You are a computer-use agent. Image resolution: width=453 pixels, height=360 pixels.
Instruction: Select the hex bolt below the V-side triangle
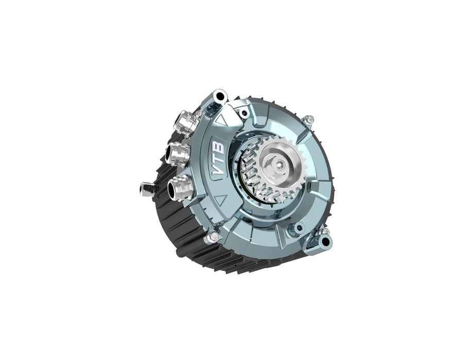tap(213, 236)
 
